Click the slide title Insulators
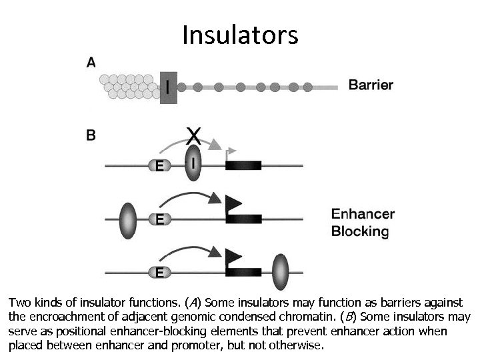click(x=240, y=35)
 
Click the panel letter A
click(x=91, y=63)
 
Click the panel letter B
click(x=91, y=135)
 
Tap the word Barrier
click(x=371, y=85)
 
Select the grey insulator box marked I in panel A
click(x=168, y=87)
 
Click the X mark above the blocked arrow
click(x=193, y=136)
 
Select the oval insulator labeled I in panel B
click(x=193, y=163)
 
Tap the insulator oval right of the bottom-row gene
click(x=281, y=271)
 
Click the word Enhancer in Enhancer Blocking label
click(x=363, y=215)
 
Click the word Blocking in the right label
click(x=360, y=232)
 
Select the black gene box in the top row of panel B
click(x=243, y=164)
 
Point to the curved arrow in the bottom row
click(x=190, y=249)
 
